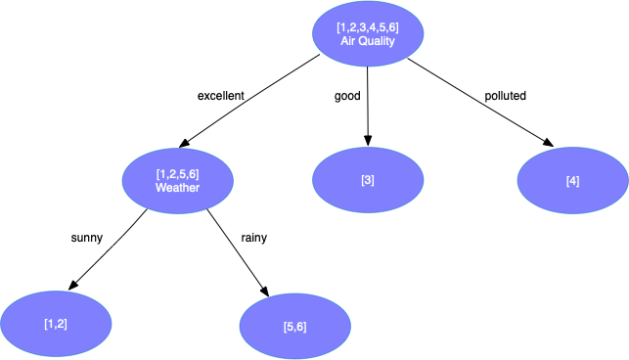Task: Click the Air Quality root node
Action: (x=367, y=34)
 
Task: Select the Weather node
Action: (x=177, y=180)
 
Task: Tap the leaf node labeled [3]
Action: (x=367, y=180)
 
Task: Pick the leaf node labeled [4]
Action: (x=572, y=181)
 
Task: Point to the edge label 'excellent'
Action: (x=220, y=96)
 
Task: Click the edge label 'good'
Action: (x=347, y=96)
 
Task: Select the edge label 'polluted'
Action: (x=505, y=96)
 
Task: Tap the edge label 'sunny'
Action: (x=87, y=237)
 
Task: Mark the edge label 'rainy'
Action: (x=254, y=237)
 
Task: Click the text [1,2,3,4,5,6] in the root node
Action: (x=367, y=27)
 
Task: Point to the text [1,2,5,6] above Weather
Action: (x=177, y=173)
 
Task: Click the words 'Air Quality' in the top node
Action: (x=367, y=42)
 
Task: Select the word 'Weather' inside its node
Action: (x=177, y=187)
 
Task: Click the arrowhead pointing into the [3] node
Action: (x=368, y=141)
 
